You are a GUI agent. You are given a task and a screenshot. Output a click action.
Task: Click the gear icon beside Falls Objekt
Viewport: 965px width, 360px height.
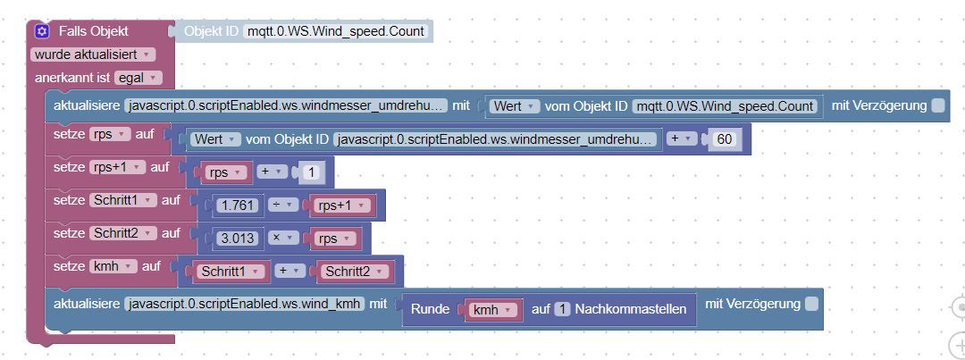[x=42, y=31]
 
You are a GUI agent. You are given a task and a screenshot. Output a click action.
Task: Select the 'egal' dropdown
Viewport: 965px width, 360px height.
[x=137, y=78]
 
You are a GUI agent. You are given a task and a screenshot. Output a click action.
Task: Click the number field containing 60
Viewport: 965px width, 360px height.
[x=725, y=139]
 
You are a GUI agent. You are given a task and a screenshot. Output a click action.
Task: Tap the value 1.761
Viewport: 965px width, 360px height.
[x=238, y=205]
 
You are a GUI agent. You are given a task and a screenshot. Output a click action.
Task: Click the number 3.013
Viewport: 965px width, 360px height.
[x=238, y=239]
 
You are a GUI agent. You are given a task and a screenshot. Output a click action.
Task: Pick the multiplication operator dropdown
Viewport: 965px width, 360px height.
[x=283, y=239]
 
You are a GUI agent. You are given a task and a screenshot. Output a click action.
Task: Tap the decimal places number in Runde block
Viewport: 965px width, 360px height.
[x=562, y=310]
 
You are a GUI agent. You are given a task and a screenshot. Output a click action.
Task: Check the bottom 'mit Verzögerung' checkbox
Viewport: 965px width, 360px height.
[x=811, y=304]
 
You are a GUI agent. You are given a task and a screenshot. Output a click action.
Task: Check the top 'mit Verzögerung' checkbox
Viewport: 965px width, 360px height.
[x=937, y=105]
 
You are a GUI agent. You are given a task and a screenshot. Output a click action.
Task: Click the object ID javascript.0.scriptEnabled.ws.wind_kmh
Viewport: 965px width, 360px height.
[x=245, y=304]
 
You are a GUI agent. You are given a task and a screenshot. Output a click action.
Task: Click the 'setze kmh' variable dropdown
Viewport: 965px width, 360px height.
[x=113, y=266]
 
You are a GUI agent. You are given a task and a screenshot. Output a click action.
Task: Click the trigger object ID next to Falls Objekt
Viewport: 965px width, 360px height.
[x=335, y=31]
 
